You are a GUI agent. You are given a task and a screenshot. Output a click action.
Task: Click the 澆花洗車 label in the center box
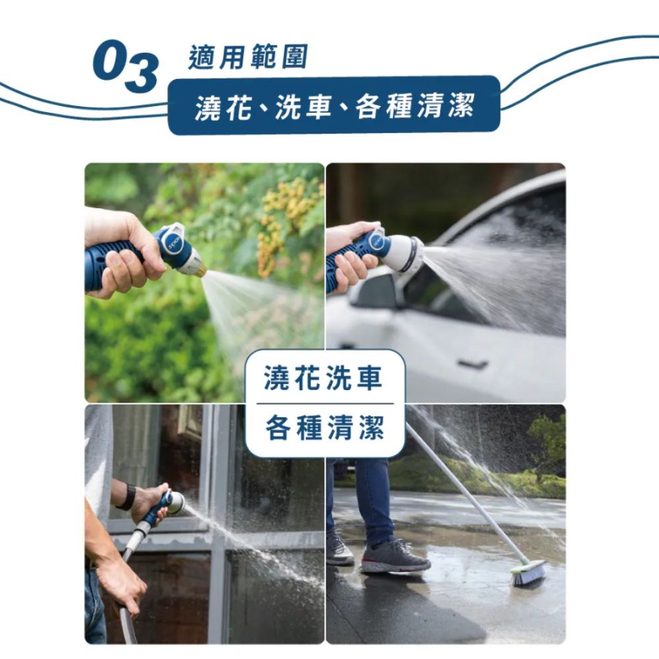[x=323, y=378]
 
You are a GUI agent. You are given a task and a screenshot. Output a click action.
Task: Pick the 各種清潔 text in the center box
[x=325, y=428]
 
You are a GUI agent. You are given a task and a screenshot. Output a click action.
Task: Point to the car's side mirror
[x=376, y=290]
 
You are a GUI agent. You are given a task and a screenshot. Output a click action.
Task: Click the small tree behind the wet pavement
[x=547, y=442]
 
